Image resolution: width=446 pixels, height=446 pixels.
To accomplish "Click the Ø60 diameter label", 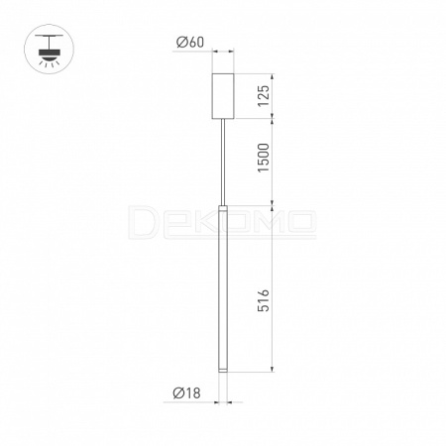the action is point(190,43).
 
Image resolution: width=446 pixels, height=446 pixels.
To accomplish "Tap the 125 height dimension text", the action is point(264,96).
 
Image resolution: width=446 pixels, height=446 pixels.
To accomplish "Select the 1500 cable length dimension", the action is point(264,158).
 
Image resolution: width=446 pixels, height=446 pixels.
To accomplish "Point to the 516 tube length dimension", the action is point(264,300).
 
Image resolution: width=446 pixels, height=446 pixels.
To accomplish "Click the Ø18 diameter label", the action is point(186,393).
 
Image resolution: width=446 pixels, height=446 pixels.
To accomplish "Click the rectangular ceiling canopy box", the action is point(223,96).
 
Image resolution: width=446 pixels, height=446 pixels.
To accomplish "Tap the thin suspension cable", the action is point(224,162).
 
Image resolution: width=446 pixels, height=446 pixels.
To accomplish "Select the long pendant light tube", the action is point(223,288).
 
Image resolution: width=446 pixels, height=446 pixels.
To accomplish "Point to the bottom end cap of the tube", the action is point(223,370).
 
